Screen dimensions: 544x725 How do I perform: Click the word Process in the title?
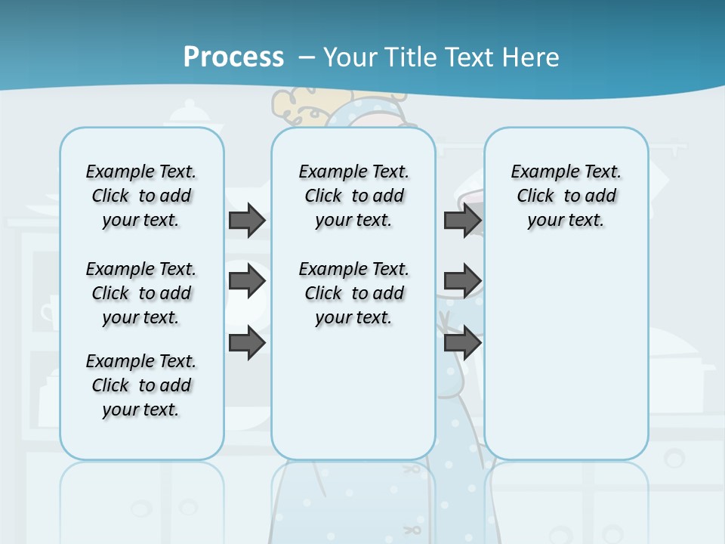tap(233, 57)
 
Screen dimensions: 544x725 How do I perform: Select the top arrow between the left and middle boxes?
tap(247, 221)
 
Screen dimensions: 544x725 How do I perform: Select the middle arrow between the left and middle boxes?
tap(247, 281)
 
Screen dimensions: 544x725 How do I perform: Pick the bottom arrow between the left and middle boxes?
tap(247, 343)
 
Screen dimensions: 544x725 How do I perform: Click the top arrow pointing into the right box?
tap(462, 221)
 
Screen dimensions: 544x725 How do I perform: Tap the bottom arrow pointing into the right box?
tap(462, 343)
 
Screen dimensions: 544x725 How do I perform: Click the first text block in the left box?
tap(141, 196)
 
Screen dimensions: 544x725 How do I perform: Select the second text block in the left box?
tap(141, 293)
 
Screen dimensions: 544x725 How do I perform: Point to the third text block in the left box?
tap(141, 385)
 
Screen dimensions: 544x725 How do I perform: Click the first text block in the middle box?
tap(354, 196)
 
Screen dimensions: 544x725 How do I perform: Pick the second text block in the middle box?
tap(354, 293)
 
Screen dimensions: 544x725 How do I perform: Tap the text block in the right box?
tap(566, 196)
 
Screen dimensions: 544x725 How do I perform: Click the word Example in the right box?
tap(539, 172)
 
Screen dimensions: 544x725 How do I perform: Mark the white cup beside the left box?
tap(49, 311)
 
